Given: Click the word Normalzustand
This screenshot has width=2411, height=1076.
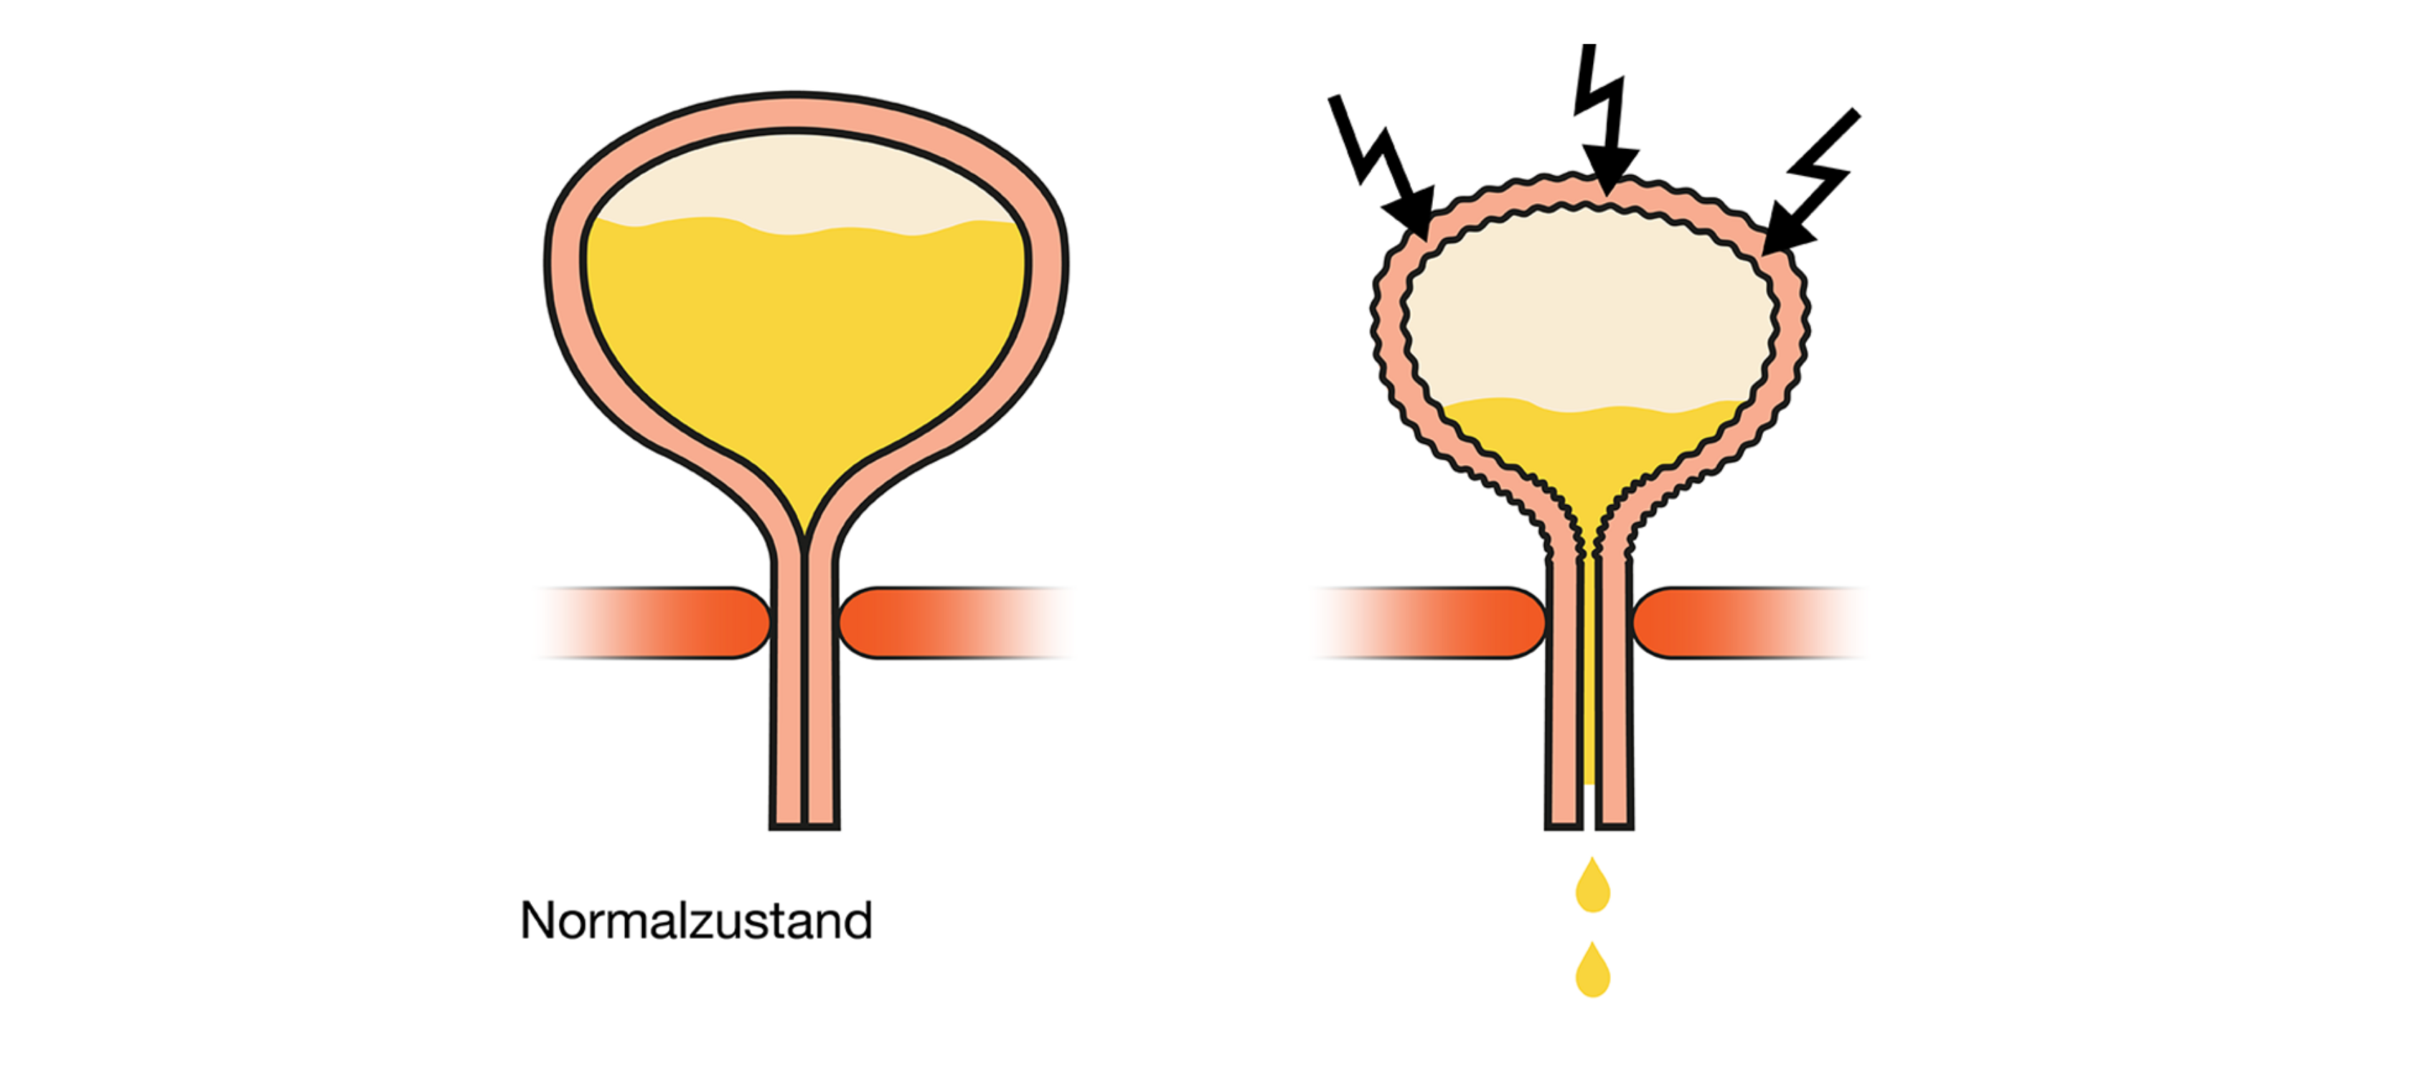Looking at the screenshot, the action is click(x=695, y=920).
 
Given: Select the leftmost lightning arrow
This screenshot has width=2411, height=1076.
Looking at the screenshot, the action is click(x=1381, y=166).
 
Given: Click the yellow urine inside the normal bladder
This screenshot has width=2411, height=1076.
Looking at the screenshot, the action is click(x=805, y=346).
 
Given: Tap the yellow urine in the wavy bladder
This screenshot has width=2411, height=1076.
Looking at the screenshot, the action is click(x=1591, y=449).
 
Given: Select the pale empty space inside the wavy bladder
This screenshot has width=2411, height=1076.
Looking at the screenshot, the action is click(x=1591, y=308).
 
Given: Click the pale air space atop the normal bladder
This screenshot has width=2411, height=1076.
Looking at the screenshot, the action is click(x=805, y=182).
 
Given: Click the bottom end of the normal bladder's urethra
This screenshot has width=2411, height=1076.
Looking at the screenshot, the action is click(x=804, y=827).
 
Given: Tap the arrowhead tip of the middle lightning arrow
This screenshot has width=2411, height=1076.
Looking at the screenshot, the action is click(x=1606, y=194).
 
